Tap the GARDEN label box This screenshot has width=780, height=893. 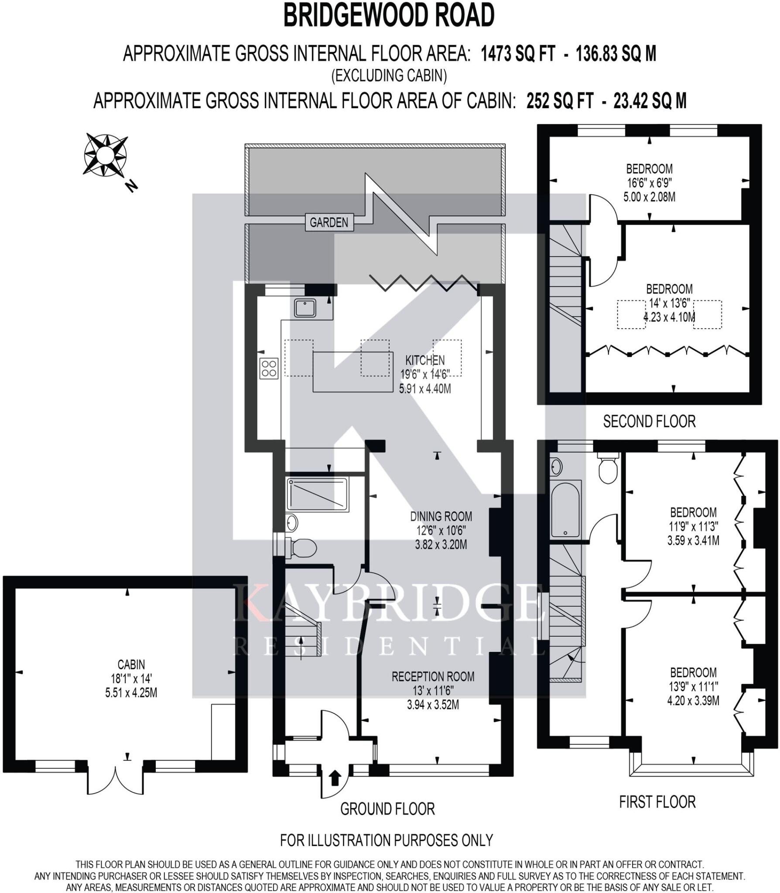tap(329, 222)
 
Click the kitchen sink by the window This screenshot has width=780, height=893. tap(305, 308)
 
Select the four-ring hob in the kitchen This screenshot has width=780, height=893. tap(269, 368)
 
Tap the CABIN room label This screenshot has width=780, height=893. tap(131, 665)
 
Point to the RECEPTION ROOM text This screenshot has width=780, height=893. tap(433, 676)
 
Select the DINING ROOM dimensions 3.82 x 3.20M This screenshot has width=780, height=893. tap(441, 545)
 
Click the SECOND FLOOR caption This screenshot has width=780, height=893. tap(649, 421)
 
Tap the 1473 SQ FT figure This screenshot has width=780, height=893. tap(518, 54)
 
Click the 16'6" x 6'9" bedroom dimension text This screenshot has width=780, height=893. tap(649, 183)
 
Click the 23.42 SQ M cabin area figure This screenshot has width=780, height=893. tap(650, 101)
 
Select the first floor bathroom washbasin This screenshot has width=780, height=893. tap(556, 467)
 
